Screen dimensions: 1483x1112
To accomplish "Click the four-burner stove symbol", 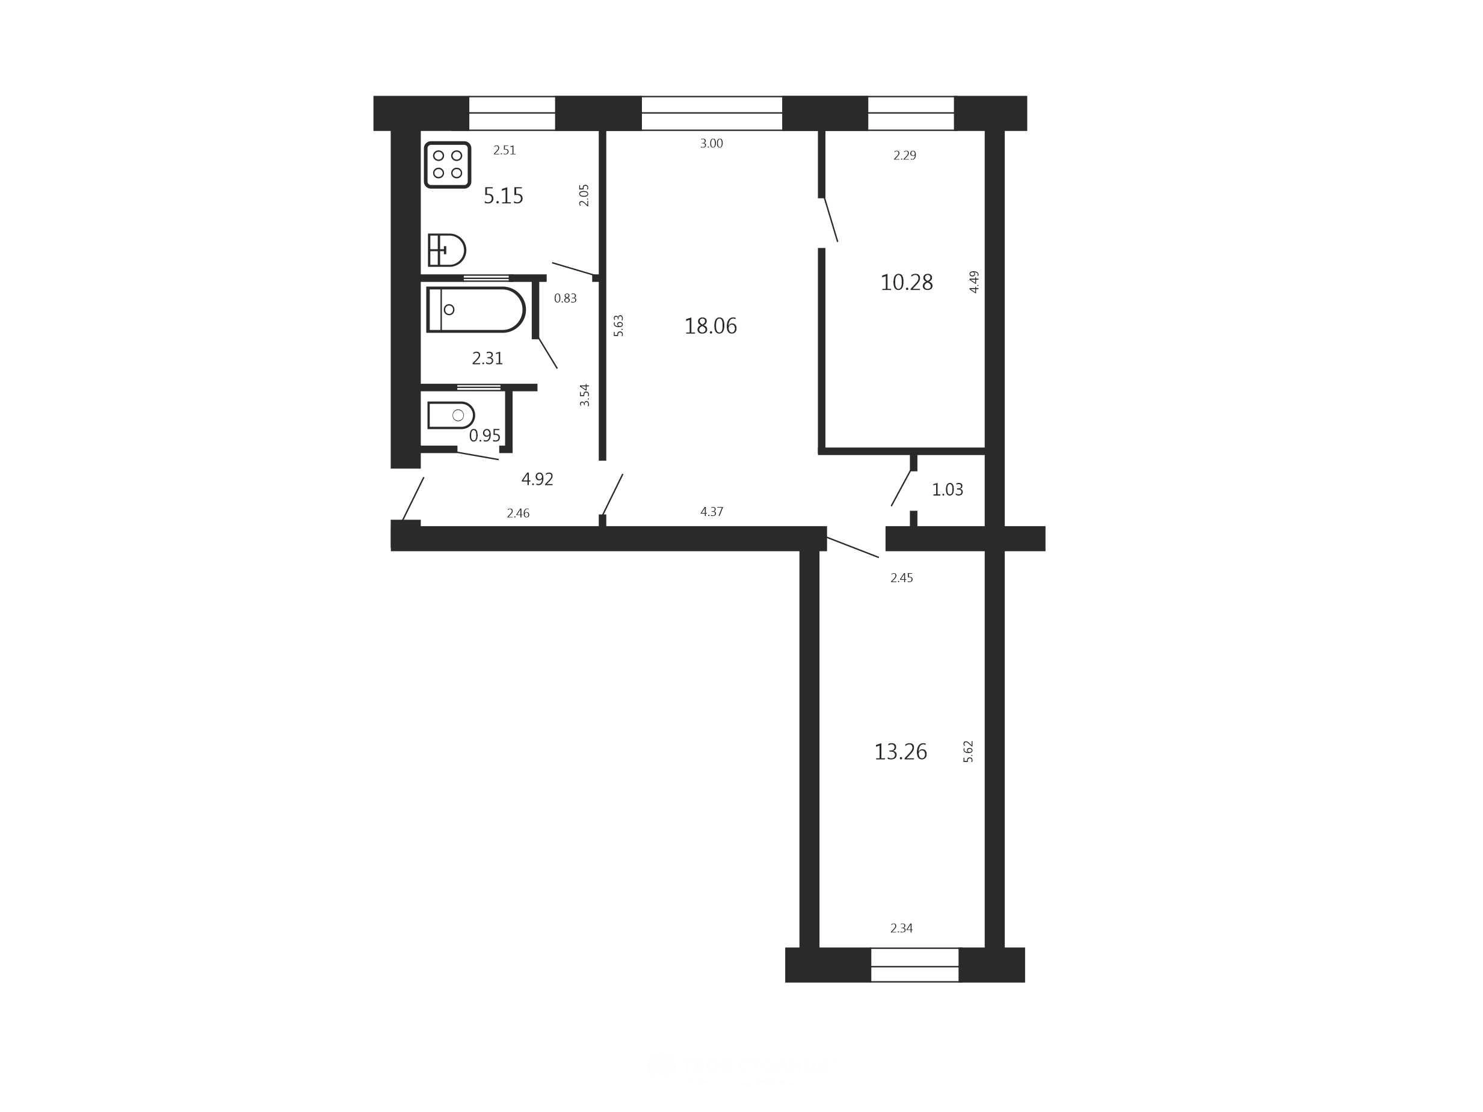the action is pyautogui.click(x=447, y=164).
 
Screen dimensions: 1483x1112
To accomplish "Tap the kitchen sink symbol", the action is pyautogui.click(x=446, y=250).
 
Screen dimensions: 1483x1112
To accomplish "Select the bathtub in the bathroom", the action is pyautogui.click(x=475, y=309).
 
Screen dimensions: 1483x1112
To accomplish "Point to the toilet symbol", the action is pyautogui.click(x=451, y=415).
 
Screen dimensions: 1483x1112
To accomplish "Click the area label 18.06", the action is pyautogui.click(x=710, y=326).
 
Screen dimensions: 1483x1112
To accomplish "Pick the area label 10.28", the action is pyautogui.click(x=907, y=282).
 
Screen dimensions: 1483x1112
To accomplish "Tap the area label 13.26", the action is pyautogui.click(x=901, y=751).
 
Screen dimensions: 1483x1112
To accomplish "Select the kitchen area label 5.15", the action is pyautogui.click(x=504, y=195).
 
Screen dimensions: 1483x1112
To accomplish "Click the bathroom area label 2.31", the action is pyautogui.click(x=487, y=358).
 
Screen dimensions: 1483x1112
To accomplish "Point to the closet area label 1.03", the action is pyautogui.click(x=948, y=490).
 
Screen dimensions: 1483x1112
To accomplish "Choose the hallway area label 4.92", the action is pyautogui.click(x=537, y=479).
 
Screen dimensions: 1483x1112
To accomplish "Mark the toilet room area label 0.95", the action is pyautogui.click(x=485, y=435).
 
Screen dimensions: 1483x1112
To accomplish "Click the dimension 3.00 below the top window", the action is pyautogui.click(x=711, y=143).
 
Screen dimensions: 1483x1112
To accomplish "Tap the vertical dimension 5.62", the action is pyautogui.click(x=968, y=751).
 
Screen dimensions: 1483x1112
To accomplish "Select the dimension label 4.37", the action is pyautogui.click(x=712, y=511).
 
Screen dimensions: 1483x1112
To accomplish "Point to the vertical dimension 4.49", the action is pyautogui.click(x=975, y=281).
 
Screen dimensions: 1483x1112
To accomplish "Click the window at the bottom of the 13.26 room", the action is pyautogui.click(x=914, y=965).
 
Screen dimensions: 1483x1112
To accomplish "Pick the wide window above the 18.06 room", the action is pyautogui.click(x=712, y=113).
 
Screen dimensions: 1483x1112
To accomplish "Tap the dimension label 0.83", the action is pyautogui.click(x=565, y=298).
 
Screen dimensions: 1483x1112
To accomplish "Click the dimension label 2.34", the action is pyautogui.click(x=902, y=929).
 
